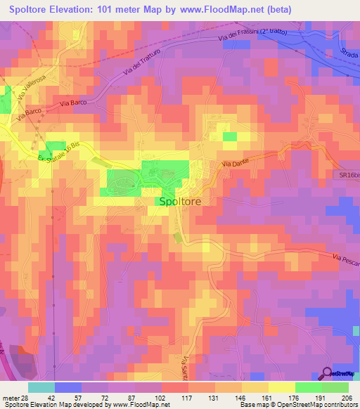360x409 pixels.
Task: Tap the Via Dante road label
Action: (x=236, y=164)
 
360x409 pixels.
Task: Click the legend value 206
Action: (x=345, y=398)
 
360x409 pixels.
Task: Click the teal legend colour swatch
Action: (x=41, y=387)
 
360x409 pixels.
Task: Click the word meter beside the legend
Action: (x=9, y=398)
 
